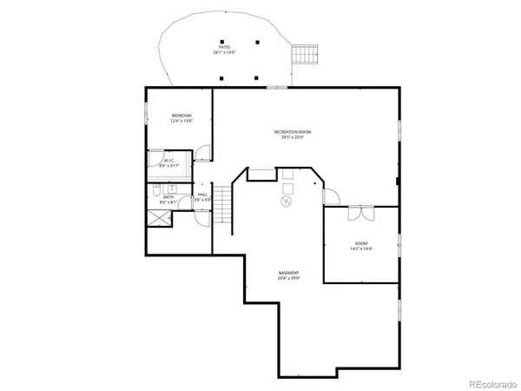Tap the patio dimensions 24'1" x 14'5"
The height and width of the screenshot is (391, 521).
[225, 53]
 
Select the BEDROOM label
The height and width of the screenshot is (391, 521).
[181, 116]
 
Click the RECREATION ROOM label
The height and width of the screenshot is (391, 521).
[293, 131]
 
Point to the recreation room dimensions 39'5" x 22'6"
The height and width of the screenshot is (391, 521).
[293, 137]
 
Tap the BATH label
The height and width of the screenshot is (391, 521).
[168, 197]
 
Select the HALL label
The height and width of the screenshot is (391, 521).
[201, 195]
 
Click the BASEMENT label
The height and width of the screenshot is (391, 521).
[289, 273]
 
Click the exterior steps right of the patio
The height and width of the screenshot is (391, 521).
[303, 55]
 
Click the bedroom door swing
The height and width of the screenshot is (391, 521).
[201, 155]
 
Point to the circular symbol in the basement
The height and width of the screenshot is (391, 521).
[284, 201]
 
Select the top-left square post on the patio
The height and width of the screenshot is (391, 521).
[221, 42]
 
